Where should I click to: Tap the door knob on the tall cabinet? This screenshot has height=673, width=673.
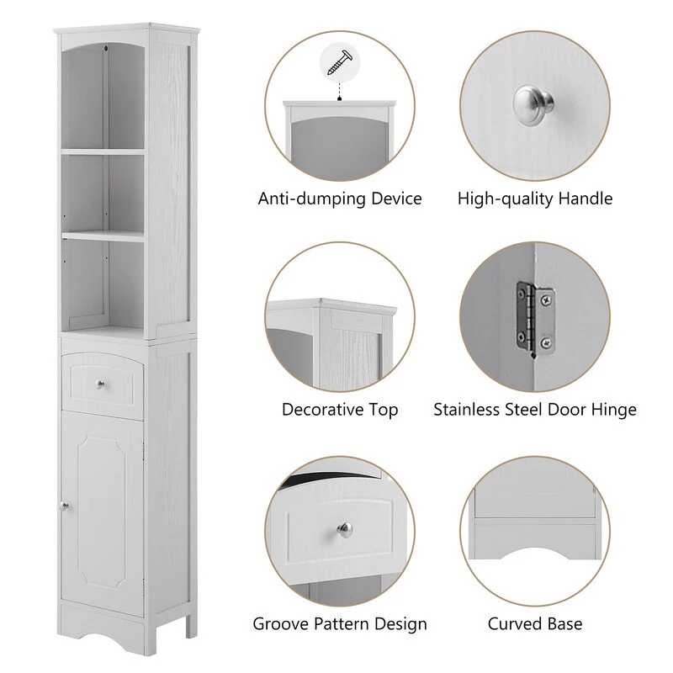tap(62, 506)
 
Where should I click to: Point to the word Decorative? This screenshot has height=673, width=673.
tap(323, 411)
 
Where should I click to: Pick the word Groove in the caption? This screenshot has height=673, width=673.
tap(279, 624)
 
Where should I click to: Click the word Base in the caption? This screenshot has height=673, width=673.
tap(564, 624)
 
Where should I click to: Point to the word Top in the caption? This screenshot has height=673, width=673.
tap(383, 411)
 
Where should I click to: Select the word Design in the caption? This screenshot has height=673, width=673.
tap(400, 624)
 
